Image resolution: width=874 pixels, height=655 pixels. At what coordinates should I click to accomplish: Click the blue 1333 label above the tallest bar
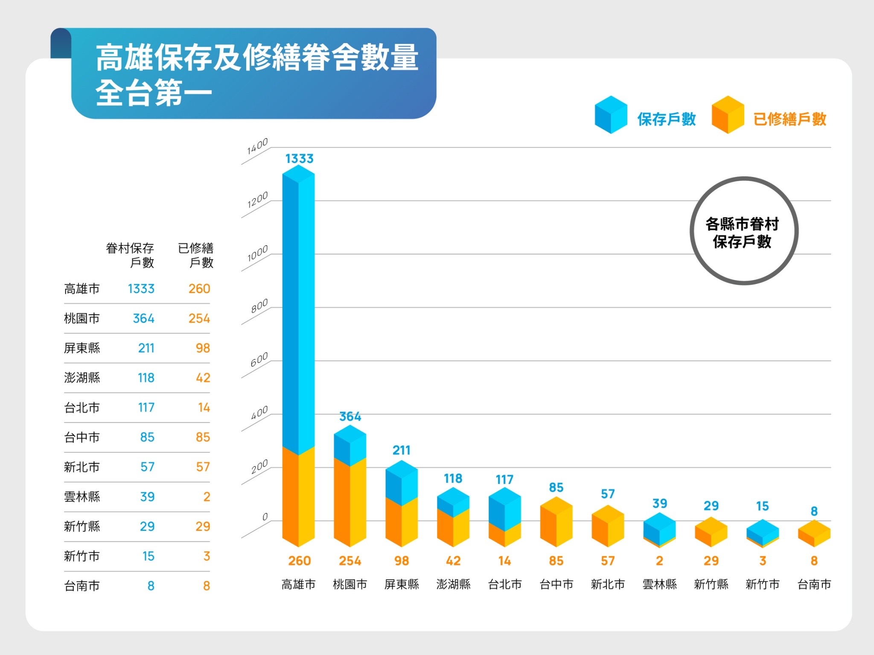point(299,159)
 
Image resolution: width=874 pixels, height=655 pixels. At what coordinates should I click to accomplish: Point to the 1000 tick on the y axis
point(257,254)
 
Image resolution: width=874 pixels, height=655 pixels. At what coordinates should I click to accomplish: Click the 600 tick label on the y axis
point(259,360)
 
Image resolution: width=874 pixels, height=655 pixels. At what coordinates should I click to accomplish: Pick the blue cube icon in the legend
point(611,115)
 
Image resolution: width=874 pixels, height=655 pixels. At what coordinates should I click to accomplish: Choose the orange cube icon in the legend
point(728,115)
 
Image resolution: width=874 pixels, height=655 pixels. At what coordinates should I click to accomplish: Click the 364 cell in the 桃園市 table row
point(143,319)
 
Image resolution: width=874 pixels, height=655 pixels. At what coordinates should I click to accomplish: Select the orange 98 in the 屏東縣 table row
point(203,348)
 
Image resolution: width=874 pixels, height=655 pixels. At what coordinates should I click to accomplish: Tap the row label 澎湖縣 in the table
point(82,378)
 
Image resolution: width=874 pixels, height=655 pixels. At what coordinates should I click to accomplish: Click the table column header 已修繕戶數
point(195,255)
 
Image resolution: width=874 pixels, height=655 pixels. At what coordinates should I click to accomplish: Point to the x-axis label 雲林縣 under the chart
point(659,584)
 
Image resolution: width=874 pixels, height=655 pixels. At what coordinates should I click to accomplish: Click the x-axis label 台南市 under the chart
point(814,584)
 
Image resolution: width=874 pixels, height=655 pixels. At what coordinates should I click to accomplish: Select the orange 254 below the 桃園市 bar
point(350,561)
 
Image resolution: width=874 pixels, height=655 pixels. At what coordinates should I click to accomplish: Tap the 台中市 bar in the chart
point(556,522)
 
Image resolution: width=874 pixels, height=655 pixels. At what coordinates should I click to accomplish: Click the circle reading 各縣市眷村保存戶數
point(743,231)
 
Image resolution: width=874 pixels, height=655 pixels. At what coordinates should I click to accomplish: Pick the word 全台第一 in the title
point(154,93)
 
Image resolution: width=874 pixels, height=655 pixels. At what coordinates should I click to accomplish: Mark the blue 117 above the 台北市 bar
point(504,480)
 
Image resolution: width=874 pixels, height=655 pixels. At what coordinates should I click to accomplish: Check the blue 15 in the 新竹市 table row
point(148,556)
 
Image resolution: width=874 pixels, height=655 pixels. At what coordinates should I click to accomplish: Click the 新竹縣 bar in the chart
point(711,532)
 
